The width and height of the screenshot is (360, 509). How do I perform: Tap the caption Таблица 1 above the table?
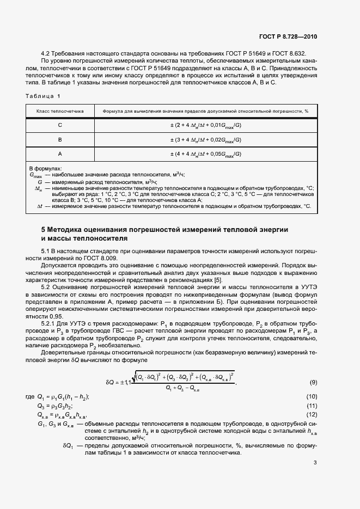[42, 96]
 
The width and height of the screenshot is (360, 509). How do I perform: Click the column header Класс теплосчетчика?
[60, 111]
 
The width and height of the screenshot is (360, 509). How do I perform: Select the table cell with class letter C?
[60, 125]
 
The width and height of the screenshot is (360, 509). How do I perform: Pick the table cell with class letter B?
[60, 140]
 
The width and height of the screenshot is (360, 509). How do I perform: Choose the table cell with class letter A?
[60, 154]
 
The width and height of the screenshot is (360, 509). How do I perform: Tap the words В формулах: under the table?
[45, 169]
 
